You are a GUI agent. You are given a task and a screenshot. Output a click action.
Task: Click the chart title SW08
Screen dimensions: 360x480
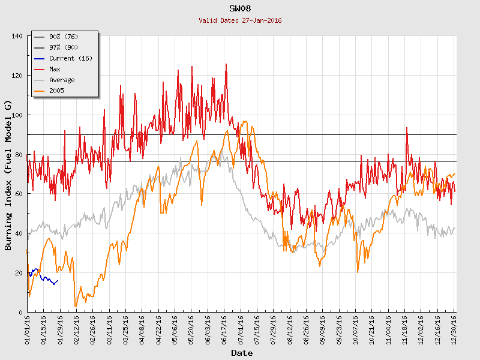tap(240, 8)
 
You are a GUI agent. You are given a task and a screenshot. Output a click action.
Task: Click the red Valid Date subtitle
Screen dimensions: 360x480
tap(240, 20)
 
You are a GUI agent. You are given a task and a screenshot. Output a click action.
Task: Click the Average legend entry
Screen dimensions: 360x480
tap(62, 80)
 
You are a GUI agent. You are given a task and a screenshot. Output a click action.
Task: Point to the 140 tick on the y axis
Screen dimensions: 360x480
tap(17, 36)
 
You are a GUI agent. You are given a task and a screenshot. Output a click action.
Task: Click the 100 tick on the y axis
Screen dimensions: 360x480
tap(17, 115)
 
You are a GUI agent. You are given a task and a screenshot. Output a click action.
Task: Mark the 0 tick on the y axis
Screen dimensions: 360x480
tap(20, 313)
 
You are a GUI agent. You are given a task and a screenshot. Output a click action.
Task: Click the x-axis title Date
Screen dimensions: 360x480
tap(241, 353)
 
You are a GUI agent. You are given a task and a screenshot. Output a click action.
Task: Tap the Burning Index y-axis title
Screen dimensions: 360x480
tap(8, 175)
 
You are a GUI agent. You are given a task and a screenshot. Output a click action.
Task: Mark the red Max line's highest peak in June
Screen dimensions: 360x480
tap(226, 64)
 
